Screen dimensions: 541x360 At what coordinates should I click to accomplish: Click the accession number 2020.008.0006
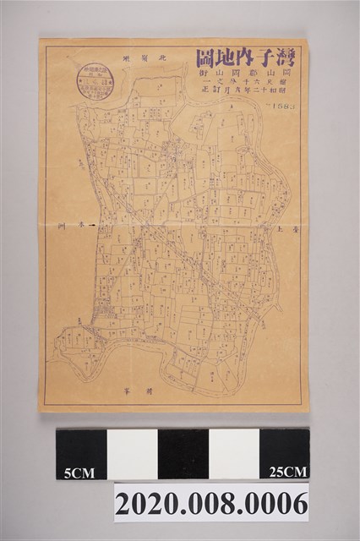(211, 504)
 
